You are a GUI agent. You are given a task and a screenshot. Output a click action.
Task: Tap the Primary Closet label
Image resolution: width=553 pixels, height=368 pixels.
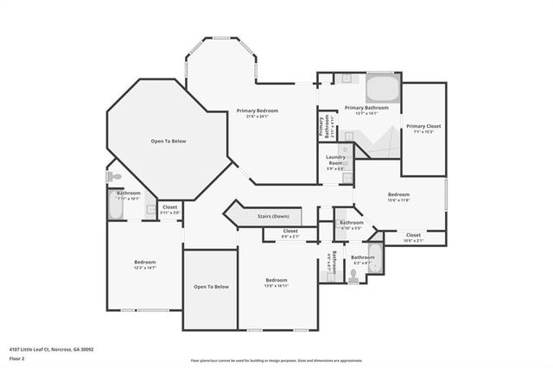424,126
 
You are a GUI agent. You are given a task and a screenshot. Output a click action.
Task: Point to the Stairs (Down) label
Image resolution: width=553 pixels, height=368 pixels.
274,215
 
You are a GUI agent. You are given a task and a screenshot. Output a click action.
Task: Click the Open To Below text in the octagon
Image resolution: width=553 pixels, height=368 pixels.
168,141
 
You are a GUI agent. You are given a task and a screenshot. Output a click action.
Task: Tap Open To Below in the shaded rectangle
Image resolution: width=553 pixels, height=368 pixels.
211,287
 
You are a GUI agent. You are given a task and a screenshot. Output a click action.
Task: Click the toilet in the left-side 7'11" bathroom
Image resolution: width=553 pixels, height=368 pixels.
114,176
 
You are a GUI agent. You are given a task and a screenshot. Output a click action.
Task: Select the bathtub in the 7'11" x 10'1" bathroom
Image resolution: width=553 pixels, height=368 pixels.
116,208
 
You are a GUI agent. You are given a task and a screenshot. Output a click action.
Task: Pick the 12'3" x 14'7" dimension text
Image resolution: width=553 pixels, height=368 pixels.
144,268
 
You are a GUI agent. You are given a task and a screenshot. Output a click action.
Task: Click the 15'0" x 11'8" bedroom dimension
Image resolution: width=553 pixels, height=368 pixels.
398,200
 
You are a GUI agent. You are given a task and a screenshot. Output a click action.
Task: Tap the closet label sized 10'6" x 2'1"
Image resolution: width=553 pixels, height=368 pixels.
413,241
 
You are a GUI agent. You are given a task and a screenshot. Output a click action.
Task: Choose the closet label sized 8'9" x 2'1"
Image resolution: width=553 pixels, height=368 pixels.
290,236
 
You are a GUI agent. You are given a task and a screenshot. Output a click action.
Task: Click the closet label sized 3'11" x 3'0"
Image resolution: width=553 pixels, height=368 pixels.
169,212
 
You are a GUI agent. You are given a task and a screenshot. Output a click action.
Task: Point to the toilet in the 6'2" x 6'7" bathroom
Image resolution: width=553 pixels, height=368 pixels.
353,276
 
